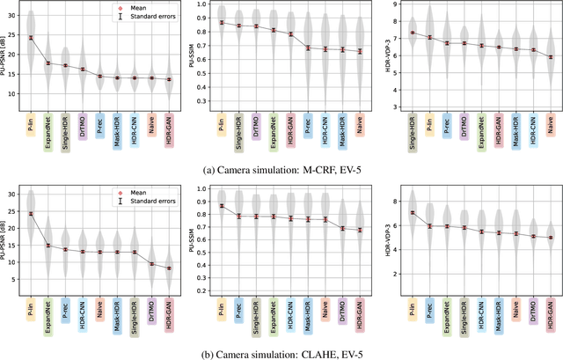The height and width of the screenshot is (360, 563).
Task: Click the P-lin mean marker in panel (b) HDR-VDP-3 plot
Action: pyautogui.click(x=412, y=212)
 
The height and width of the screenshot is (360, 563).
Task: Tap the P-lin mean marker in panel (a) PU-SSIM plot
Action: pyautogui.click(x=221, y=23)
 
